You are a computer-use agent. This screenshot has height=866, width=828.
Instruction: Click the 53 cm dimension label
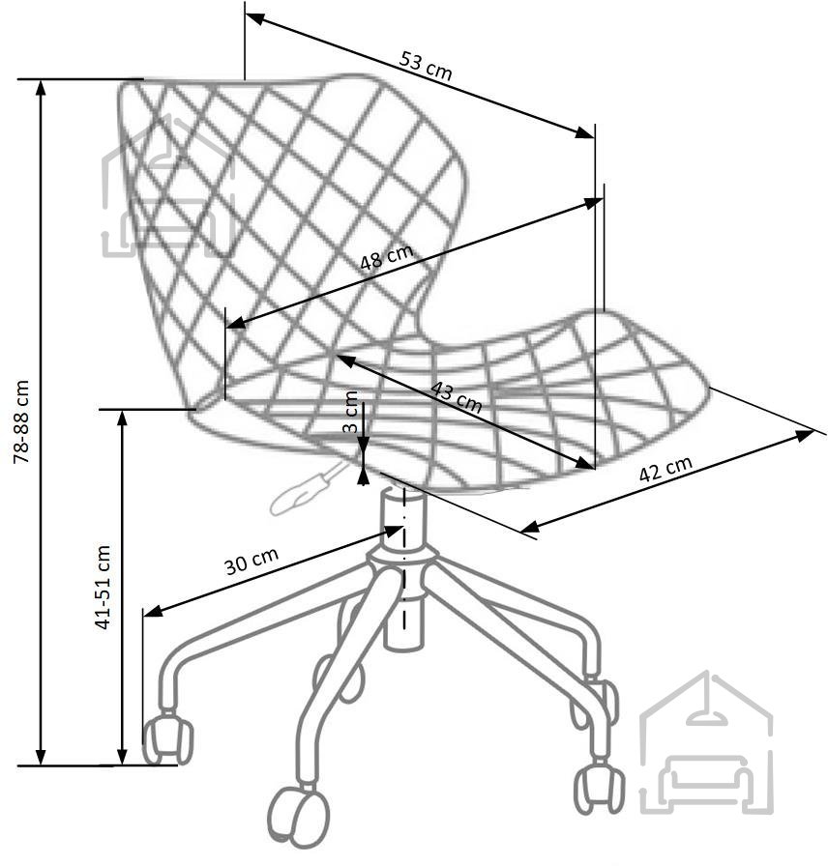point(426,65)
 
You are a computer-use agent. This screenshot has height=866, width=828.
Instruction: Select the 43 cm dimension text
point(456,397)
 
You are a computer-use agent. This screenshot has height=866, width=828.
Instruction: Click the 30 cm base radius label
point(251,562)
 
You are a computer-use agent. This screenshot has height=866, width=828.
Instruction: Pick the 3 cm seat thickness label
point(350,412)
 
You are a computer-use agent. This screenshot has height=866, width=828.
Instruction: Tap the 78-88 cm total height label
point(21,422)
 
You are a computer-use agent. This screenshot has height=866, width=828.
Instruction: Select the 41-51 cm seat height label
point(103,587)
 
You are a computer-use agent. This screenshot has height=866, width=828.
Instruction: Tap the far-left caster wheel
point(167,739)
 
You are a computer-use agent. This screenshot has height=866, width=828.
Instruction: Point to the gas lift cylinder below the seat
point(404,569)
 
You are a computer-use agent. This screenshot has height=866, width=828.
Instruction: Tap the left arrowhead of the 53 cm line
point(254,18)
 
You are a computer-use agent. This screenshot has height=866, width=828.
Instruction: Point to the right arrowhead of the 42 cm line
point(804,435)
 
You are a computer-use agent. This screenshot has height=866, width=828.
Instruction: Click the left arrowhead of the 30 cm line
point(153,611)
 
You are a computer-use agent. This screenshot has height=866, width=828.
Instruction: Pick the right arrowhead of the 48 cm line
point(593,203)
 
